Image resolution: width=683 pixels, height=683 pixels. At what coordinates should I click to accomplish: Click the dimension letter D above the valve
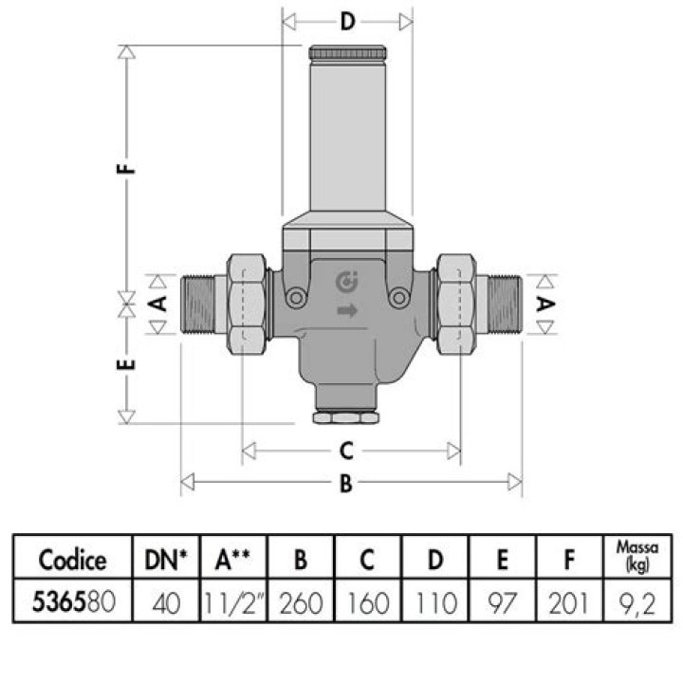(347, 21)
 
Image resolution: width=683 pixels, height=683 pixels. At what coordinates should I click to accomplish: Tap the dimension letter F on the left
(127, 168)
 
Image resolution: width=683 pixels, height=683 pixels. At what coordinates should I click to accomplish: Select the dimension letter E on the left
(127, 364)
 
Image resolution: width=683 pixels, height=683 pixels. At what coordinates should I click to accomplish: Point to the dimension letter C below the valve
(346, 451)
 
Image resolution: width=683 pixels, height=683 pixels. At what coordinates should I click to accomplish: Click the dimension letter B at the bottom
(346, 483)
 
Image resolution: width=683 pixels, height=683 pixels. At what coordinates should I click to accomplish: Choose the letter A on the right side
(545, 304)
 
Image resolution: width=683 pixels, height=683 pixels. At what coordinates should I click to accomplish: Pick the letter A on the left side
(158, 304)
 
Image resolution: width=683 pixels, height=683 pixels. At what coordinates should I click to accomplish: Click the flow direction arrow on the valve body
(347, 310)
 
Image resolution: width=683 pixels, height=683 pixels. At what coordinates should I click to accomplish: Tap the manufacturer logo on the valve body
(347, 282)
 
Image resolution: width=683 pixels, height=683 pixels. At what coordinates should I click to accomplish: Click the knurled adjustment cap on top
(347, 53)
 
